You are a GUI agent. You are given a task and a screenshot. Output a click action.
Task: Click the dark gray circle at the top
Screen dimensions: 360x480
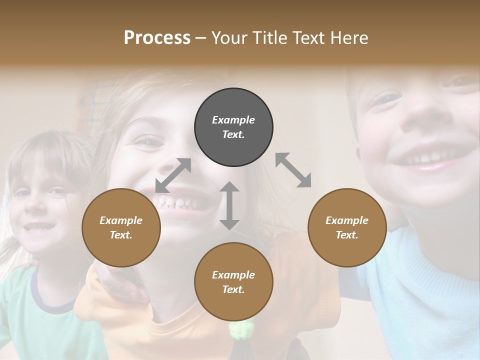[233, 127]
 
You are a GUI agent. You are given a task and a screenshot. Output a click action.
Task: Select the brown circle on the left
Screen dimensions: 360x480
[121, 227]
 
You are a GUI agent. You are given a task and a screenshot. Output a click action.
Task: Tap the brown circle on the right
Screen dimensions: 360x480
[347, 227]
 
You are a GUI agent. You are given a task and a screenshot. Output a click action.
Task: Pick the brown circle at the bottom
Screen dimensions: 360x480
[233, 282]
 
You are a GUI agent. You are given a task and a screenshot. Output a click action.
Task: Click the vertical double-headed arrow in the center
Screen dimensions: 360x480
[229, 205]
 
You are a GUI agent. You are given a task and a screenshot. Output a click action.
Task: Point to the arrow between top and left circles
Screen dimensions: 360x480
[173, 175]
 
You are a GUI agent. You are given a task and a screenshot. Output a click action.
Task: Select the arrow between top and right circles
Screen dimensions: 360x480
[293, 170]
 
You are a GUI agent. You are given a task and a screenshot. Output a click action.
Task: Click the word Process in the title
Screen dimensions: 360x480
[157, 38]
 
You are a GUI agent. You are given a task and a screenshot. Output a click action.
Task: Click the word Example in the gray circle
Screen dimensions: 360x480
[233, 120]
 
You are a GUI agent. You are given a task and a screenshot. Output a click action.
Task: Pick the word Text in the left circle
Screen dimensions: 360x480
[120, 235]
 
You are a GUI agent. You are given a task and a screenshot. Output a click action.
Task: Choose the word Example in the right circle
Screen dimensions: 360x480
[347, 220]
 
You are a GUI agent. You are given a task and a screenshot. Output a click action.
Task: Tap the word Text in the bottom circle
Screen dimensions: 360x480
[232, 289]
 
